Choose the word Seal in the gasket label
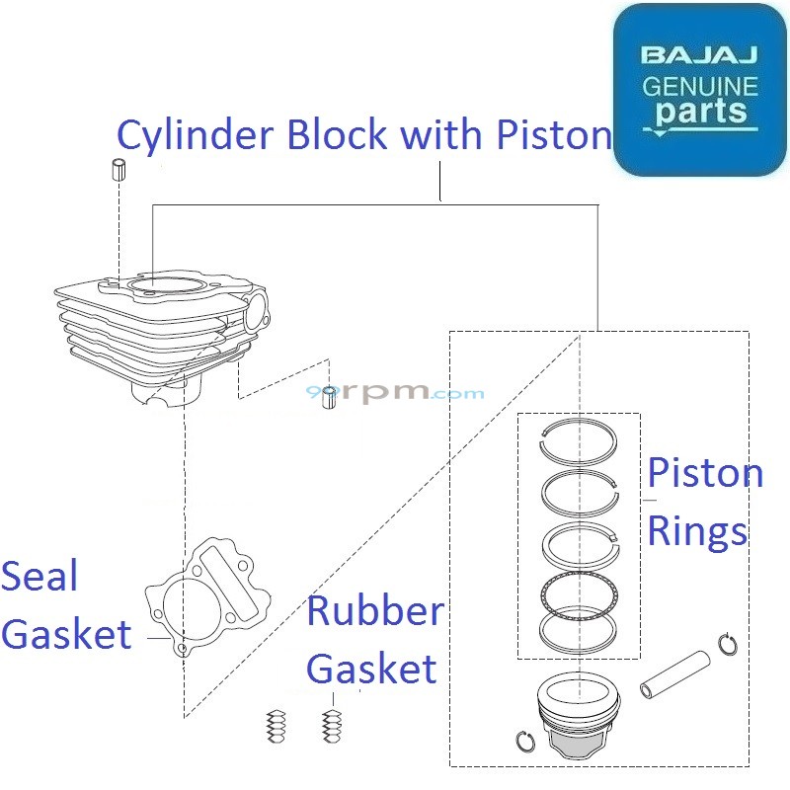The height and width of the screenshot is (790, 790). tap(39, 577)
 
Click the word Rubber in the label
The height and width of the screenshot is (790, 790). tap(374, 611)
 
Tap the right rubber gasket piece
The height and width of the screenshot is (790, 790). tap(332, 728)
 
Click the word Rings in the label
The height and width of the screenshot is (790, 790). tap(697, 533)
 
